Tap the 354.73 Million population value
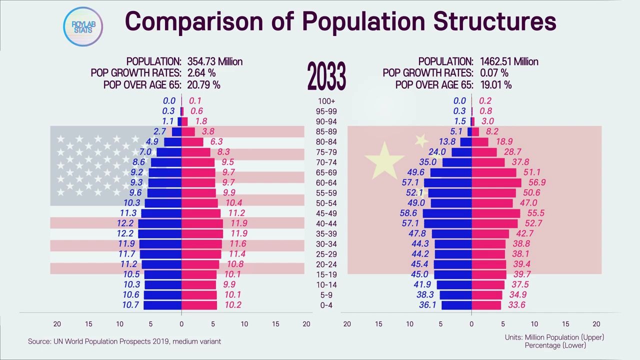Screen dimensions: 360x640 (215, 61)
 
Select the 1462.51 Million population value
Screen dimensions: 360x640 (509, 61)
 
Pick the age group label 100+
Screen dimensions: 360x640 (326, 101)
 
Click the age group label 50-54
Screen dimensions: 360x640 (326, 203)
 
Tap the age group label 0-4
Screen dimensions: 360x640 (326, 305)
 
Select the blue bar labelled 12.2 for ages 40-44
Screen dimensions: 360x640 (160, 223)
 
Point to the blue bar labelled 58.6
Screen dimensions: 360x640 (447, 213)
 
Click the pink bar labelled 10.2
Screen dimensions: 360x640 (199, 305)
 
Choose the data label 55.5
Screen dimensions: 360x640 (535, 213)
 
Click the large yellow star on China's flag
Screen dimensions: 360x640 (384, 160)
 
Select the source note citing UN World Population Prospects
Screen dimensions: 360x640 (124, 341)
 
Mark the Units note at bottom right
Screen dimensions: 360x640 (554, 341)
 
